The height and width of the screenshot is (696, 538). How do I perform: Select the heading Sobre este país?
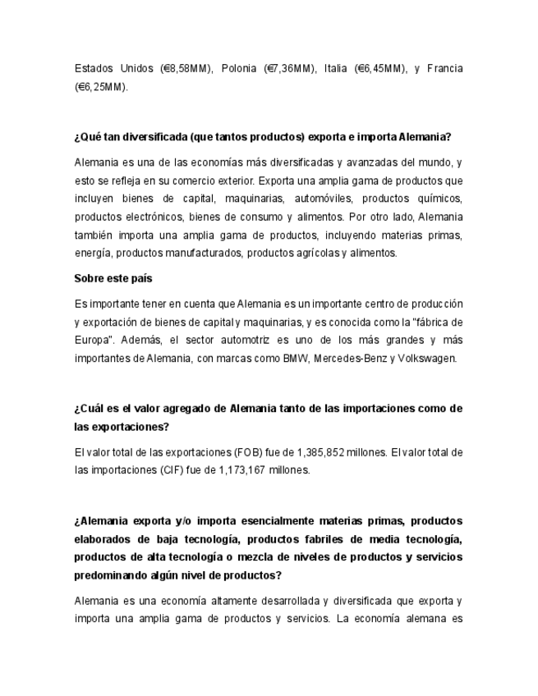click(113, 279)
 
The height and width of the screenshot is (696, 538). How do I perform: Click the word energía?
click(94, 253)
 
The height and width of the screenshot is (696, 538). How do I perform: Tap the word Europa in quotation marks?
click(96, 340)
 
